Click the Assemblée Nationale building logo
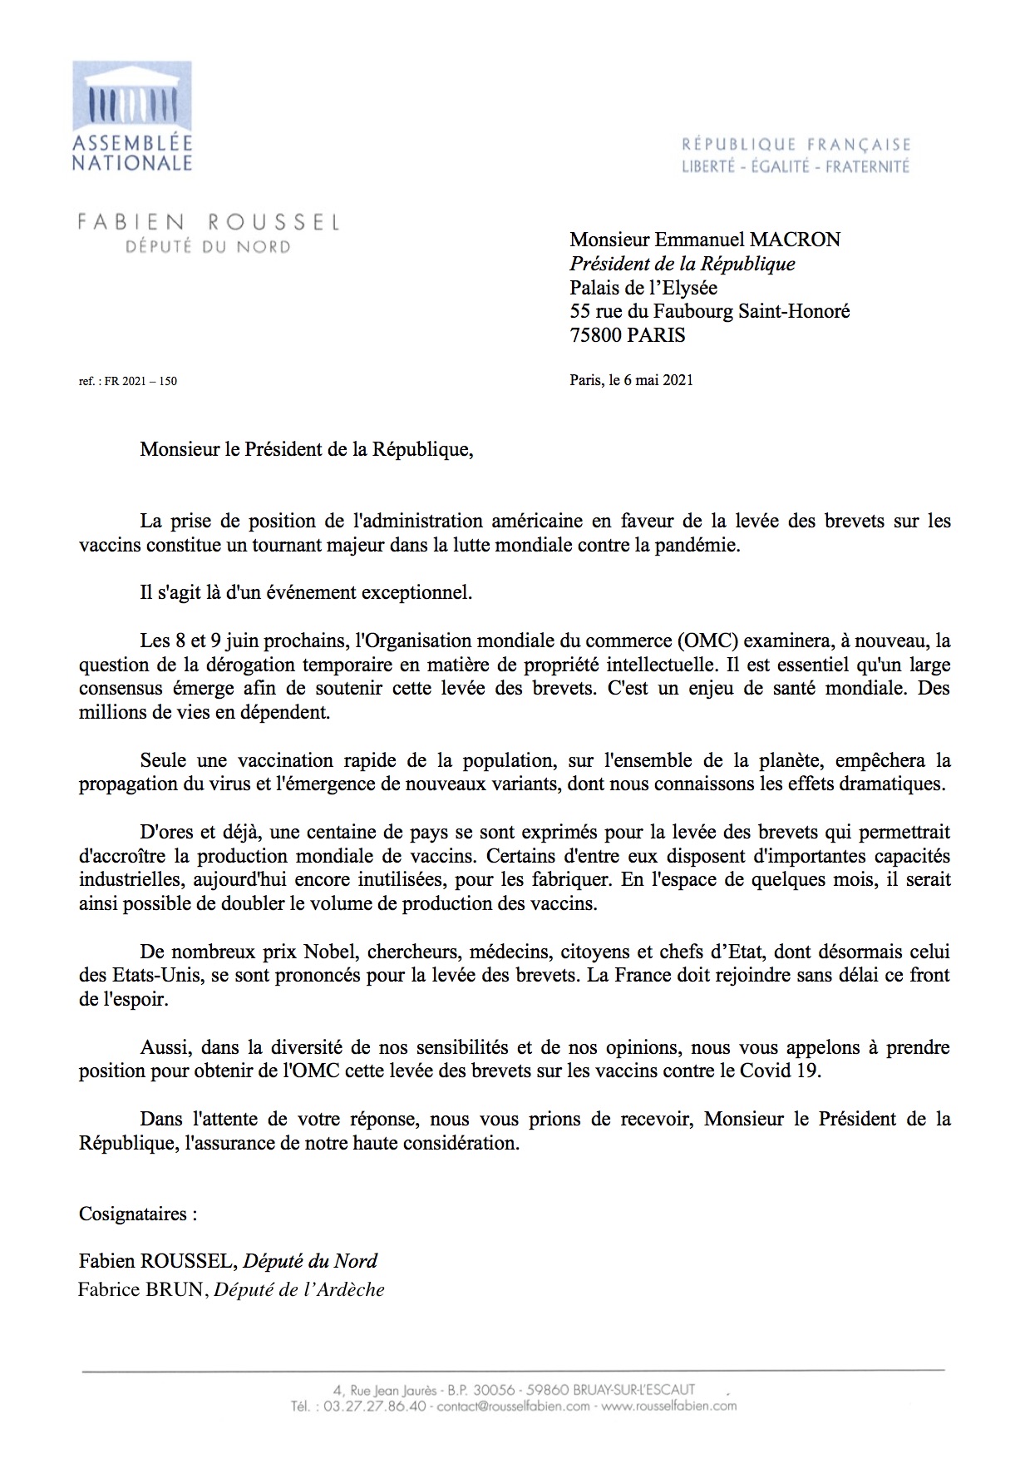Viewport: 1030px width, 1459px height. tap(132, 97)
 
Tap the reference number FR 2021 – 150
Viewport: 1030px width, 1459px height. tap(140, 382)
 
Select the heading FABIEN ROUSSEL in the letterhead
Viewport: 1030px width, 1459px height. tap(208, 222)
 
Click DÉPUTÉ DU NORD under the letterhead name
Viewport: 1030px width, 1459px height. tap(208, 247)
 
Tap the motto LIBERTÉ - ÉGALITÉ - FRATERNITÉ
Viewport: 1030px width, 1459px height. tap(796, 167)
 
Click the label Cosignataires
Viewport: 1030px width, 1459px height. tap(138, 1214)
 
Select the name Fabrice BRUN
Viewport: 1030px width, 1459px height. tap(141, 1291)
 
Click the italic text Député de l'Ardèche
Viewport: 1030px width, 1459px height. tap(299, 1291)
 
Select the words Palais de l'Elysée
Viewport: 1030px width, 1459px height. tap(643, 289)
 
